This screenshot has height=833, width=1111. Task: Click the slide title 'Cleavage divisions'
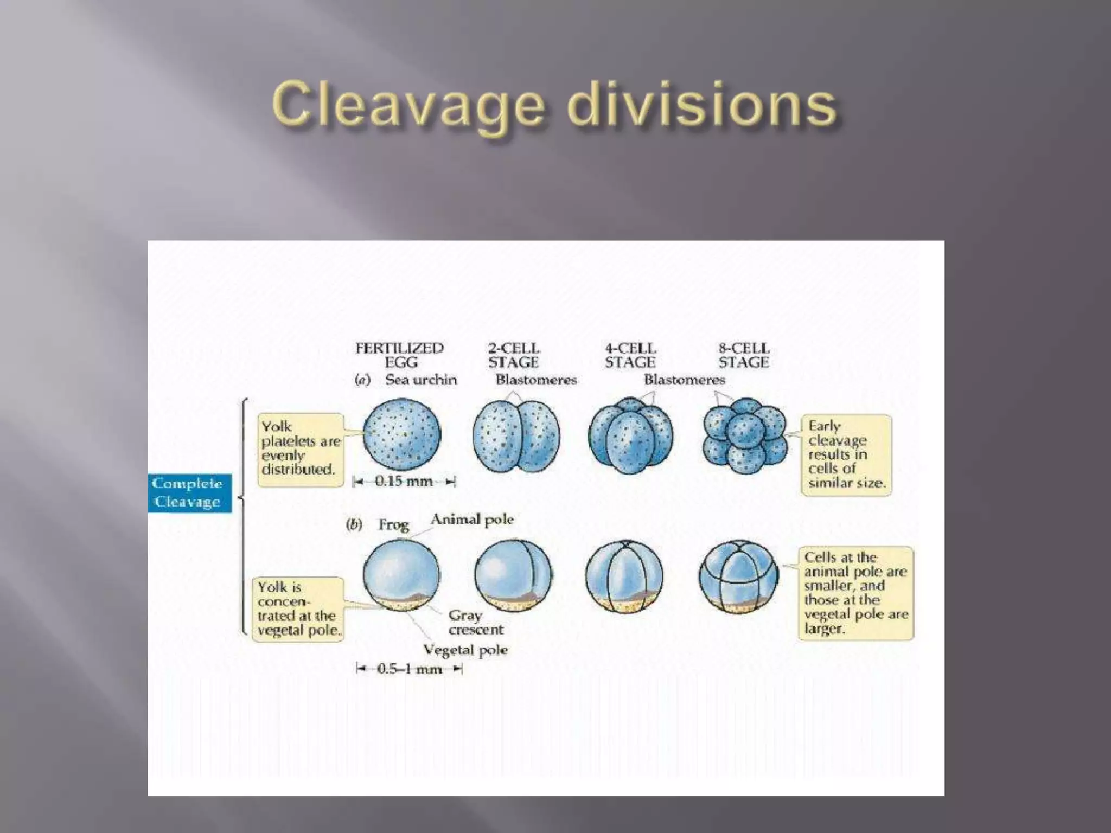coord(554,105)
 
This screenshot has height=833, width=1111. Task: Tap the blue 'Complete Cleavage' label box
coord(189,492)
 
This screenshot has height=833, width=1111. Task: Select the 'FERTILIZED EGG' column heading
coord(400,355)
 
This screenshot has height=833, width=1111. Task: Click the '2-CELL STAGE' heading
coord(513,355)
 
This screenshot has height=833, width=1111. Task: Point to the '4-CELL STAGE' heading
coord(630,355)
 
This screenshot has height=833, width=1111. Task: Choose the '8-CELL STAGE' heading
coord(744,355)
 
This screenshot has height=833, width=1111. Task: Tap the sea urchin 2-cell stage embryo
coord(516,437)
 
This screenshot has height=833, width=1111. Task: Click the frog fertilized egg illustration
coord(401,575)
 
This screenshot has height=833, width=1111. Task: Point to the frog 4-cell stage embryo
coord(624,577)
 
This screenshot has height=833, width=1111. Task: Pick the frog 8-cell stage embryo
coord(738,577)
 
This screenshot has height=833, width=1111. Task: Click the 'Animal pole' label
coord(472,520)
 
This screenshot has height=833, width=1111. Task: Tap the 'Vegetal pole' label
coord(465,650)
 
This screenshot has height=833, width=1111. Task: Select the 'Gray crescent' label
coord(476,623)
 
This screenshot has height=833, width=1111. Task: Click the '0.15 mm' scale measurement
coord(404,481)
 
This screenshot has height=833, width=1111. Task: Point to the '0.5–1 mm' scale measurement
coord(409,669)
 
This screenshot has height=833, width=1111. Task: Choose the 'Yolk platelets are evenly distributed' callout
coord(301,449)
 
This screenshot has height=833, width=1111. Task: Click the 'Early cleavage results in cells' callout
coord(846,454)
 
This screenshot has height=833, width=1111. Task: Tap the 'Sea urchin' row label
coord(421,380)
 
